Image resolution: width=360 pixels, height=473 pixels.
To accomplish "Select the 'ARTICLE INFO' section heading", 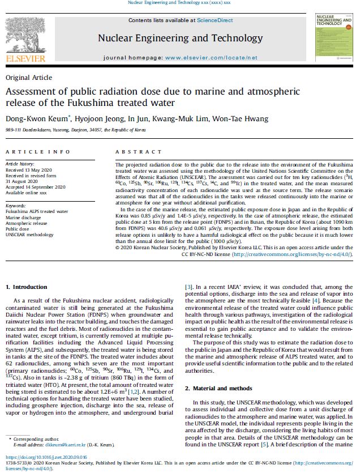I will [30, 152].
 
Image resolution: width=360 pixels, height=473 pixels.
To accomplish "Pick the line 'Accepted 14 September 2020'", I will [35, 187].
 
